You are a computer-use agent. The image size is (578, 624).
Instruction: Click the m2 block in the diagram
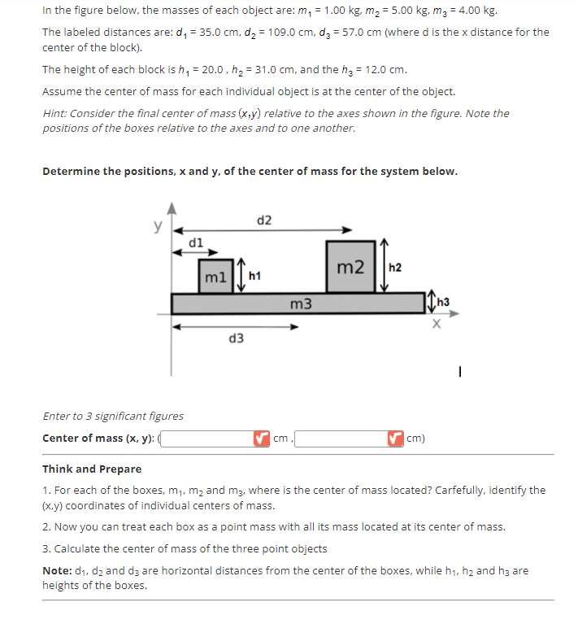(x=350, y=267)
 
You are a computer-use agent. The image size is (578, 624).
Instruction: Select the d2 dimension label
(x=264, y=220)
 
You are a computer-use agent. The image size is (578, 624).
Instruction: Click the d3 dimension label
(x=236, y=338)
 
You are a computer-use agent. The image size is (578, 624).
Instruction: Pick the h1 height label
(x=254, y=277)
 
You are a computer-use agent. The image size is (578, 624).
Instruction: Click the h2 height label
(x=395, y=267)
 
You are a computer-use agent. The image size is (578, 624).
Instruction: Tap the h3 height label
(x=443, y=304)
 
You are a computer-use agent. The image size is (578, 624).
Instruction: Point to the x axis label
(x=437, y=324)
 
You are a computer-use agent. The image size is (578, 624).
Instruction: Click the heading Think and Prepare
(x=91, y=469)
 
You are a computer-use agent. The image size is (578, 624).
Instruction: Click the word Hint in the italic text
(x=55, y=113)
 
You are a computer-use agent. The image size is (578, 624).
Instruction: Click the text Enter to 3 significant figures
(x=113, y=416)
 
